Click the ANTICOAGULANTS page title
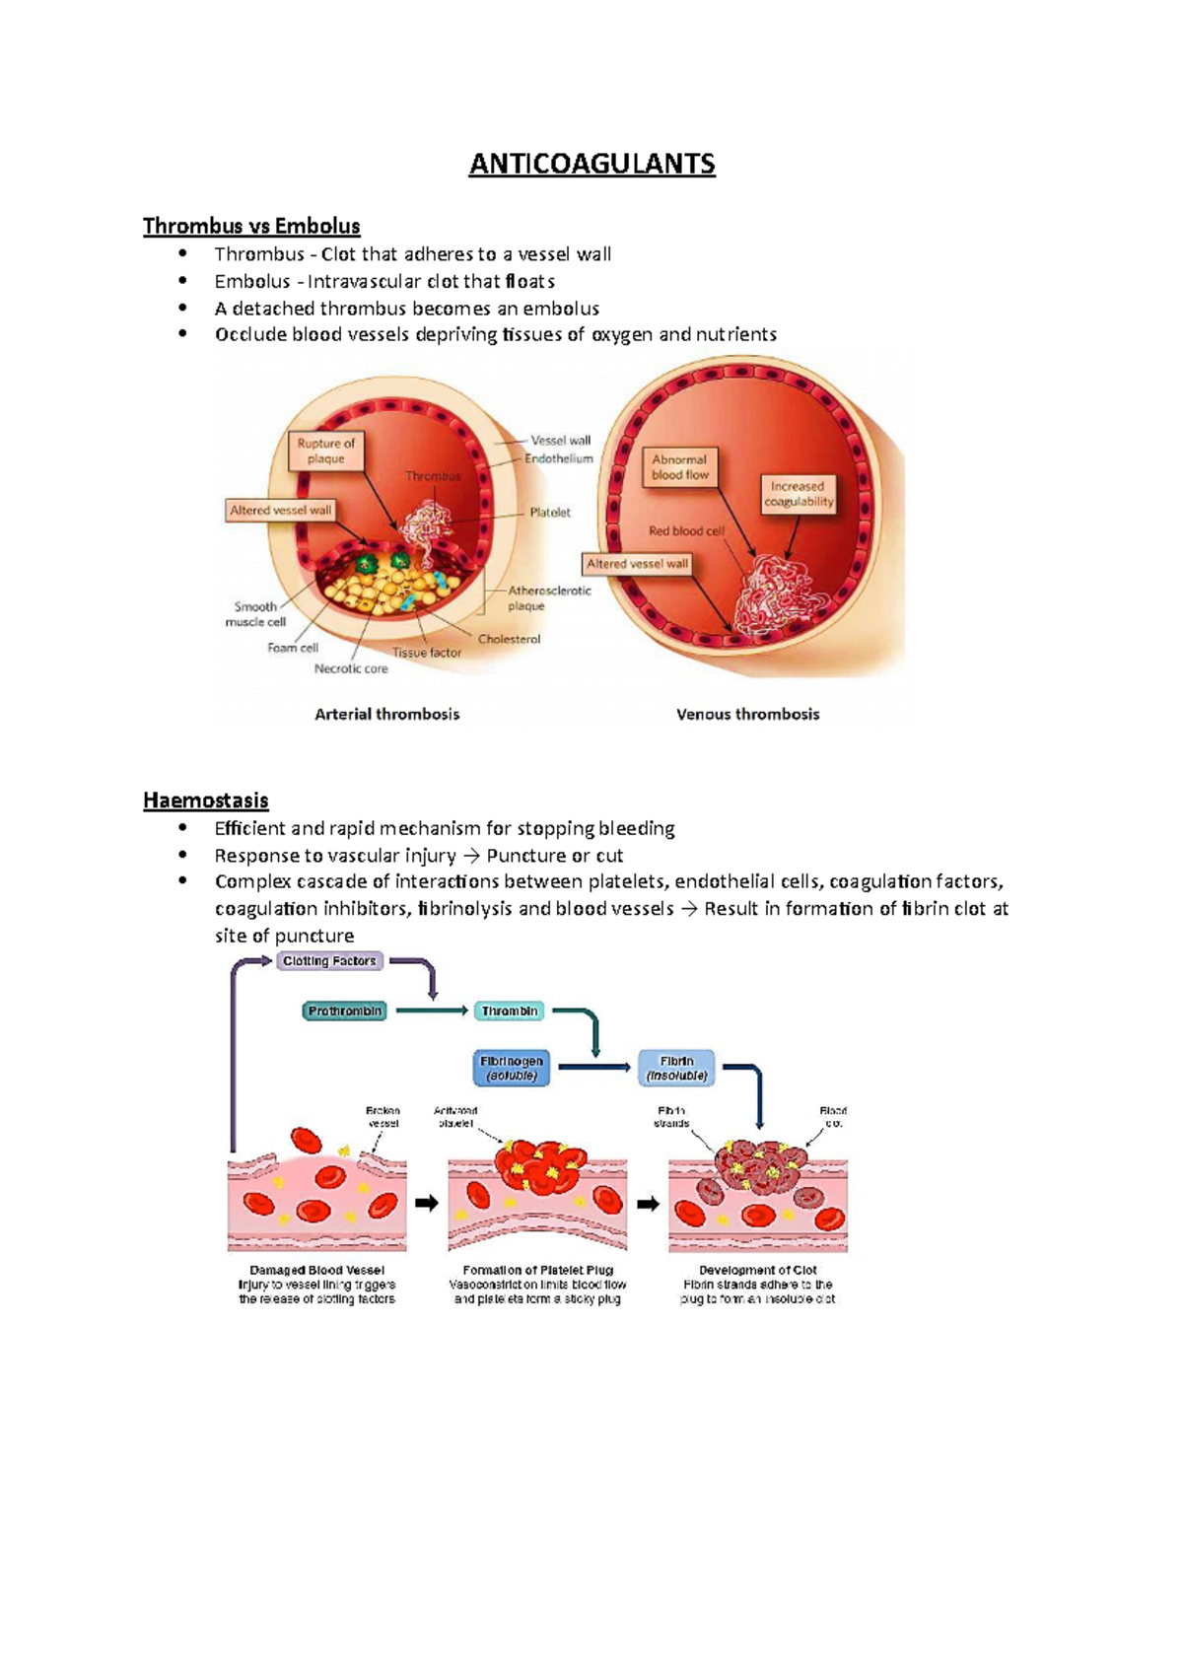pos(591,164)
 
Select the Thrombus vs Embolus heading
pos(251,226)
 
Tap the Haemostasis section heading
pos(205,800)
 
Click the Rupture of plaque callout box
pos(325,451)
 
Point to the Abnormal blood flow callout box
pos(679,466)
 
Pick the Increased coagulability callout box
pos(799,494)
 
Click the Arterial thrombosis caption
pos(386,714)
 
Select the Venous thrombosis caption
pos(747,714)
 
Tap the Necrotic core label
pos(351,668)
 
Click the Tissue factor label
pos(427,652)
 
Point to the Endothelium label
pos(559,458)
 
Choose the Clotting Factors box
pos(329,960)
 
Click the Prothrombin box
pos(344,1011)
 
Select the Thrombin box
pos(510,1011)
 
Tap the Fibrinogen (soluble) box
pos(512,1068)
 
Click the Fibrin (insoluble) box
pos(676,1068)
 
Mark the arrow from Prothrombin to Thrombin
pos(430,1011)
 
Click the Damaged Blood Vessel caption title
pos(316,1270)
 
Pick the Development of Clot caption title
pos(757,1270)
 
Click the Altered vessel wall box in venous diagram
pos(637,564)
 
